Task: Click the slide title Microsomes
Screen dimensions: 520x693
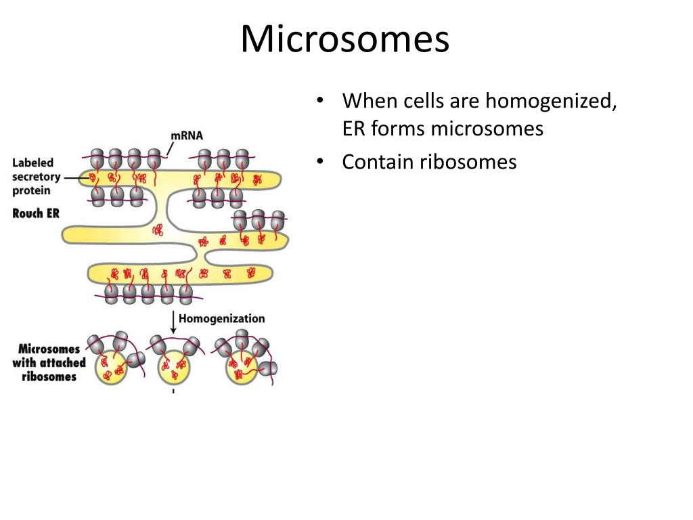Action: (344, 39)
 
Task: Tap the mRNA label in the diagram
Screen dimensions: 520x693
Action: (187, 136)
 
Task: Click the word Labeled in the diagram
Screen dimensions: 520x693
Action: (33, 162)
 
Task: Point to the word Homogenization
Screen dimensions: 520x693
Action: (221, 318)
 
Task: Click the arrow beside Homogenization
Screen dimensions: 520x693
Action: (174, 322)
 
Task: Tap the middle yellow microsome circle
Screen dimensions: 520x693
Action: (175, 370)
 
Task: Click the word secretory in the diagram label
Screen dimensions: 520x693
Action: (37, 177)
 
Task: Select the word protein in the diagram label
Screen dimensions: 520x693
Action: (31, 191)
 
